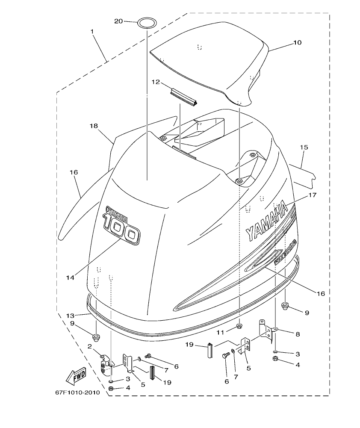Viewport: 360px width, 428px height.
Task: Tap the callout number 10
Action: point(297,43)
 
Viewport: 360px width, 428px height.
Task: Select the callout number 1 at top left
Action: point(92,31)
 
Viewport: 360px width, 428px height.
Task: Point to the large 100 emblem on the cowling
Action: point(121,230)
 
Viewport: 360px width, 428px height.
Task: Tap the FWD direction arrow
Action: point(75,376)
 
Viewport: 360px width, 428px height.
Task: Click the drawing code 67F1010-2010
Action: point(77,392)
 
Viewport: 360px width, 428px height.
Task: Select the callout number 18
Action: point(93,126)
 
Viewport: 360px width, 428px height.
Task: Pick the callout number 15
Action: point(304,148)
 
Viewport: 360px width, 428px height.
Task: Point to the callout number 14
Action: point(70,277)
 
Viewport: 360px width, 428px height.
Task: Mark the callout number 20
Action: point(118,21)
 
